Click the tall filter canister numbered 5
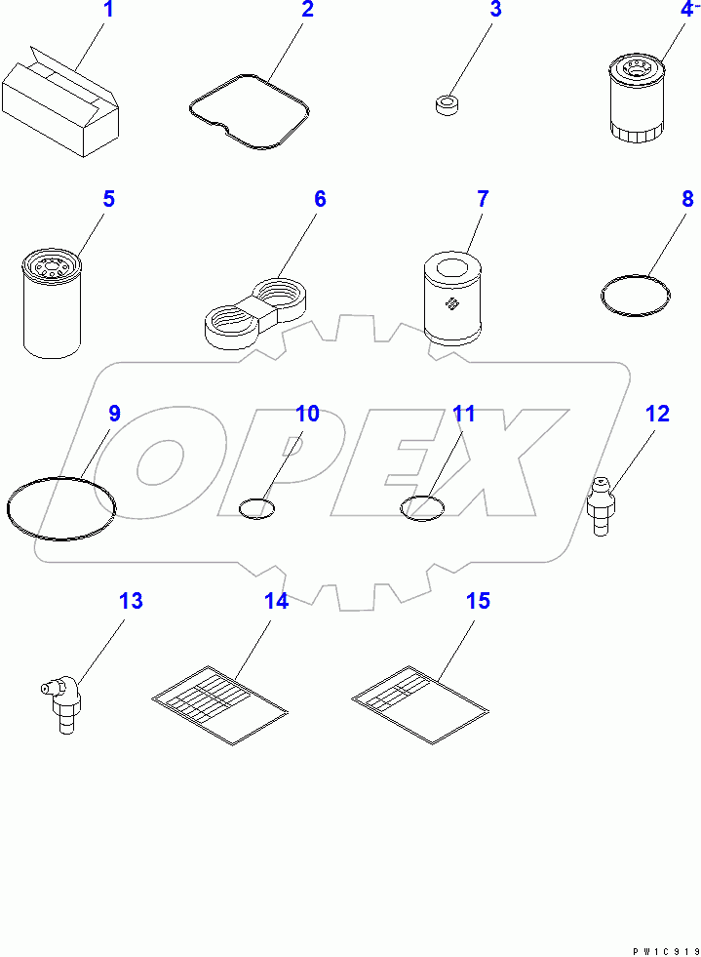(x=53, y=302)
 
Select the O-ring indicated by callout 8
(x=635, y=296)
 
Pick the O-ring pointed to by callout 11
(x=422, y=507)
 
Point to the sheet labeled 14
(x=221, y=702)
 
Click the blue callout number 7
(x=483, y=200)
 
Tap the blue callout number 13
(x=131, y=601)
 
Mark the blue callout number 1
(x=109, y=11)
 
